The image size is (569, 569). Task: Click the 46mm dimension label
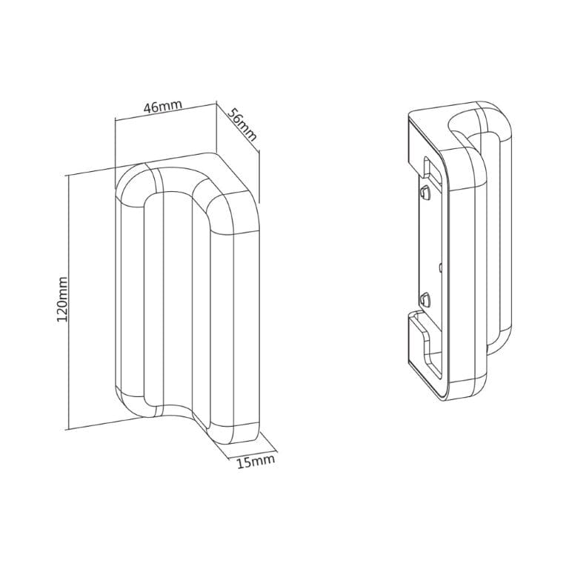tap(162, 107)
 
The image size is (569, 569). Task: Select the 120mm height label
tap(62, 299)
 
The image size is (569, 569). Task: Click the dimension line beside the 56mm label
tap(236, 130)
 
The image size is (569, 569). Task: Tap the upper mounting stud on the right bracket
tap(424, 193)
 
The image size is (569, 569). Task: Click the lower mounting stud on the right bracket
tap(425, 300)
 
